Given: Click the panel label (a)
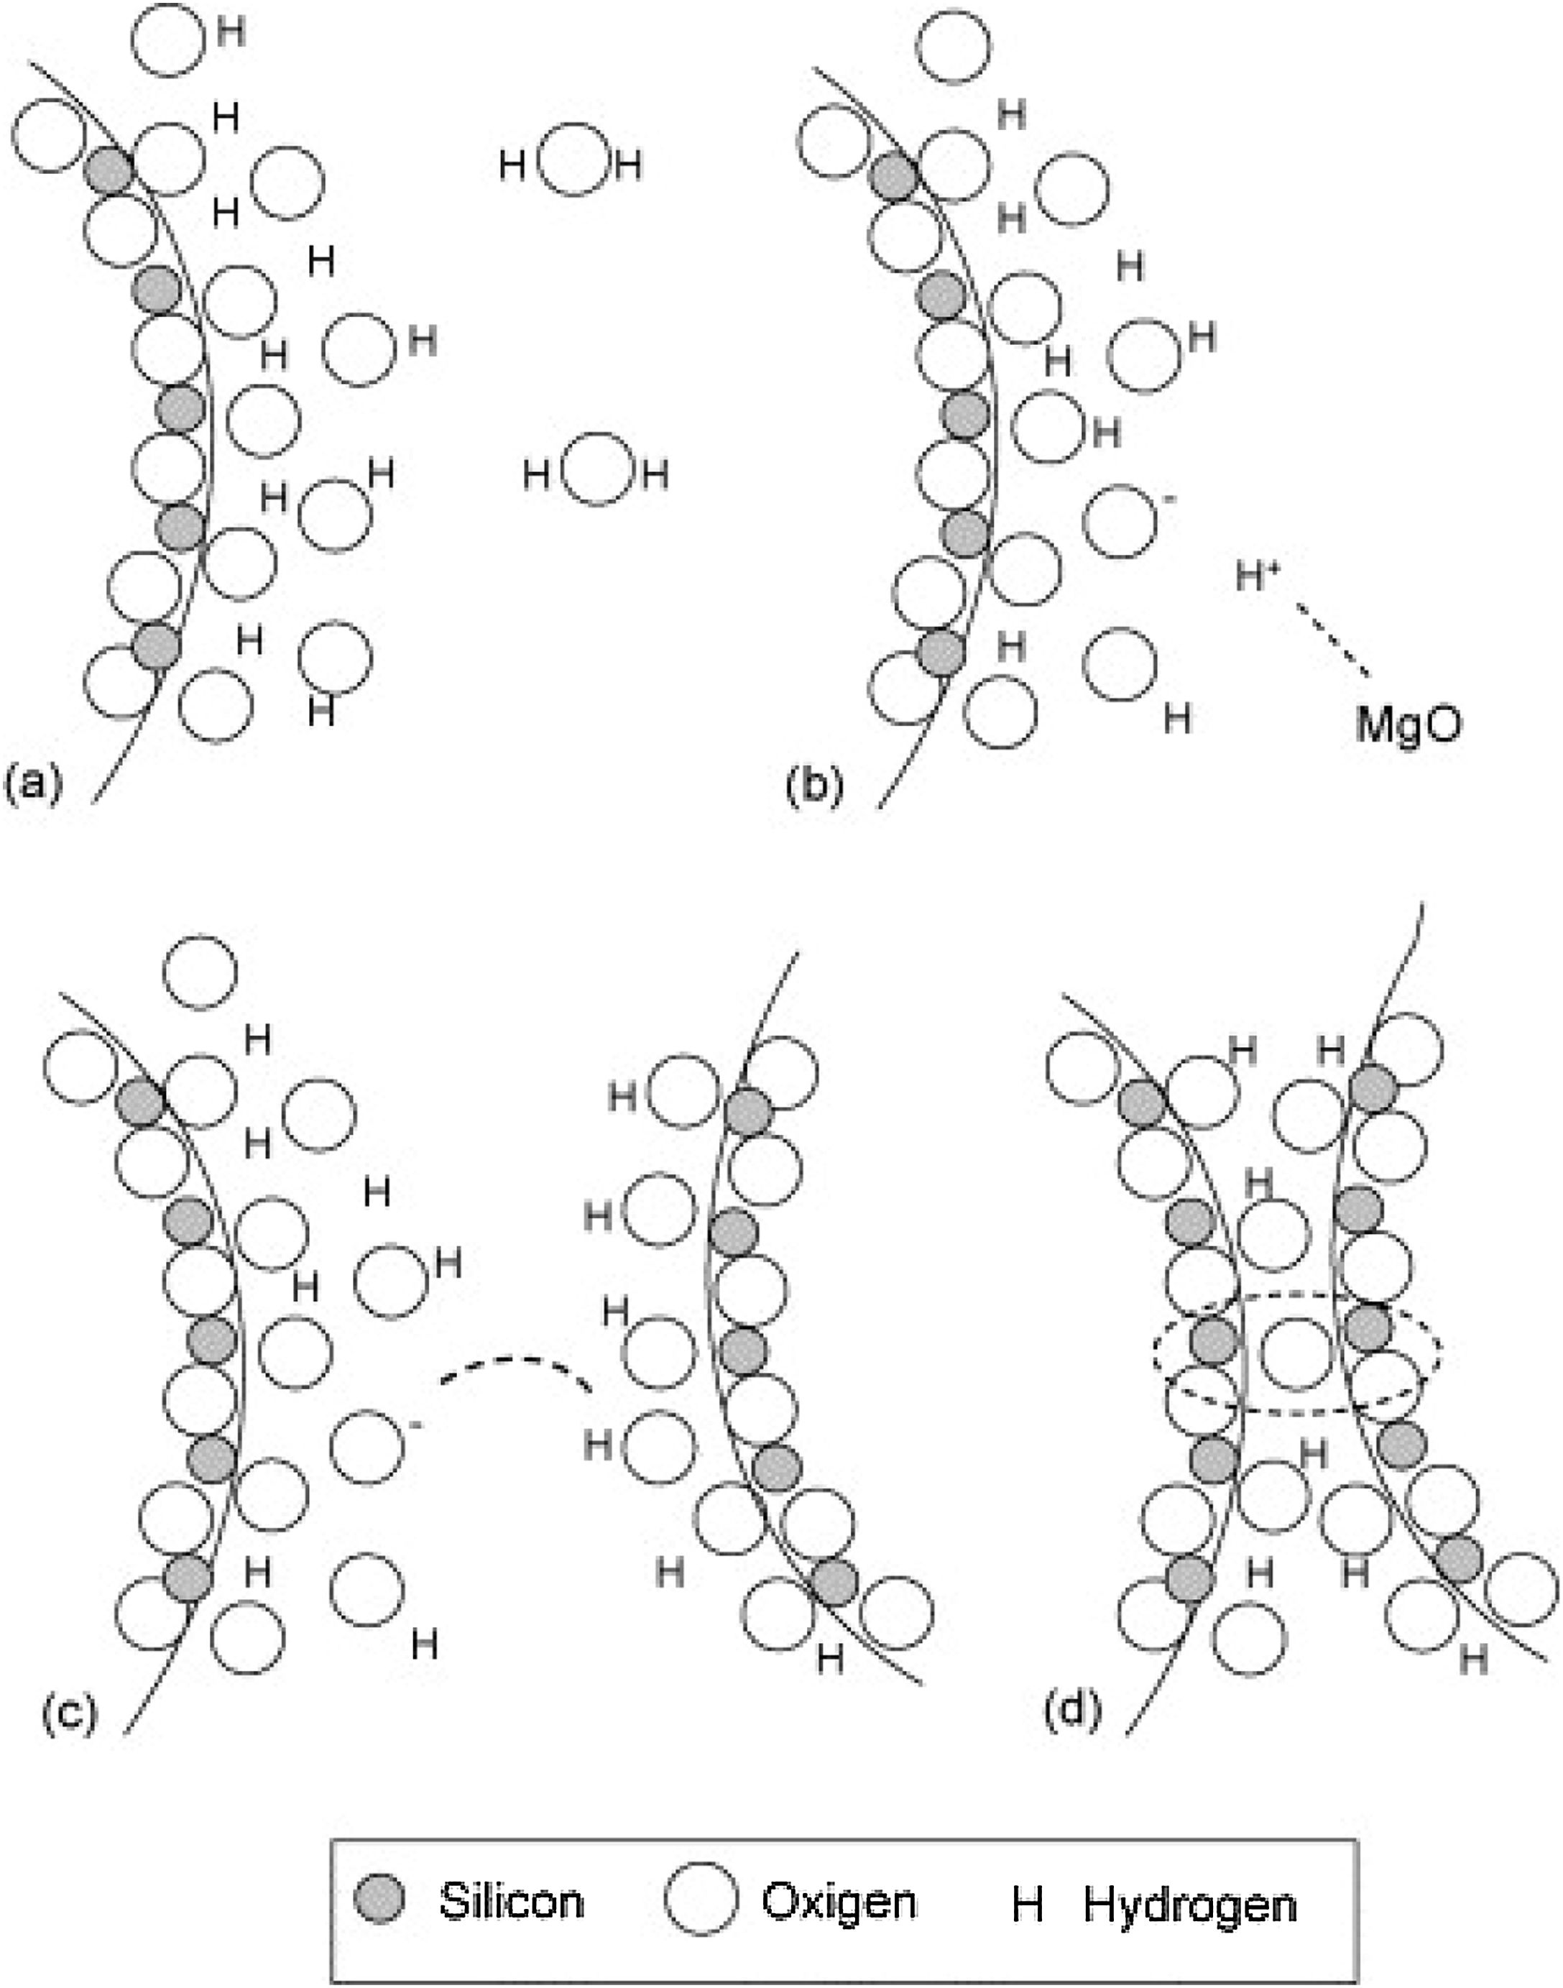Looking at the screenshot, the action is point(34,783).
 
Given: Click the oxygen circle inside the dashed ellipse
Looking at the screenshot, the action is point(1296,1353).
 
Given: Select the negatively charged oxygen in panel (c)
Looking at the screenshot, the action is point(366,1447).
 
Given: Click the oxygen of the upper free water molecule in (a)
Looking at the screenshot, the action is point(572,160).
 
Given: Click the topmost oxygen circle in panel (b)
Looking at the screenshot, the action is point(954,47).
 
